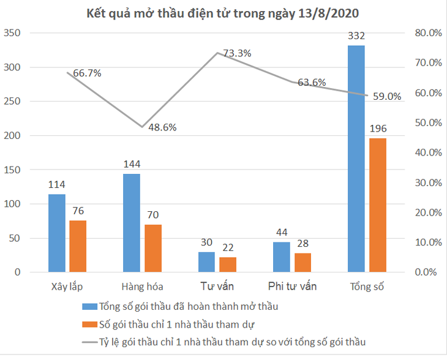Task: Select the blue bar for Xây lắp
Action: [57, 233]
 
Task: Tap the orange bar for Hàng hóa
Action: [153, 249]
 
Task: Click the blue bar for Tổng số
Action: [356, 159]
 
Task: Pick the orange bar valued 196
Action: [378, 205]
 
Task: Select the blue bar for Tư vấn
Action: [206, 262]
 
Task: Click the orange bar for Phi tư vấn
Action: [302, 263]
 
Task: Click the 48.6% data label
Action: [162, 127]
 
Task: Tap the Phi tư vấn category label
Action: [292, 287]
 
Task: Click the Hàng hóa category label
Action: [141, 287]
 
